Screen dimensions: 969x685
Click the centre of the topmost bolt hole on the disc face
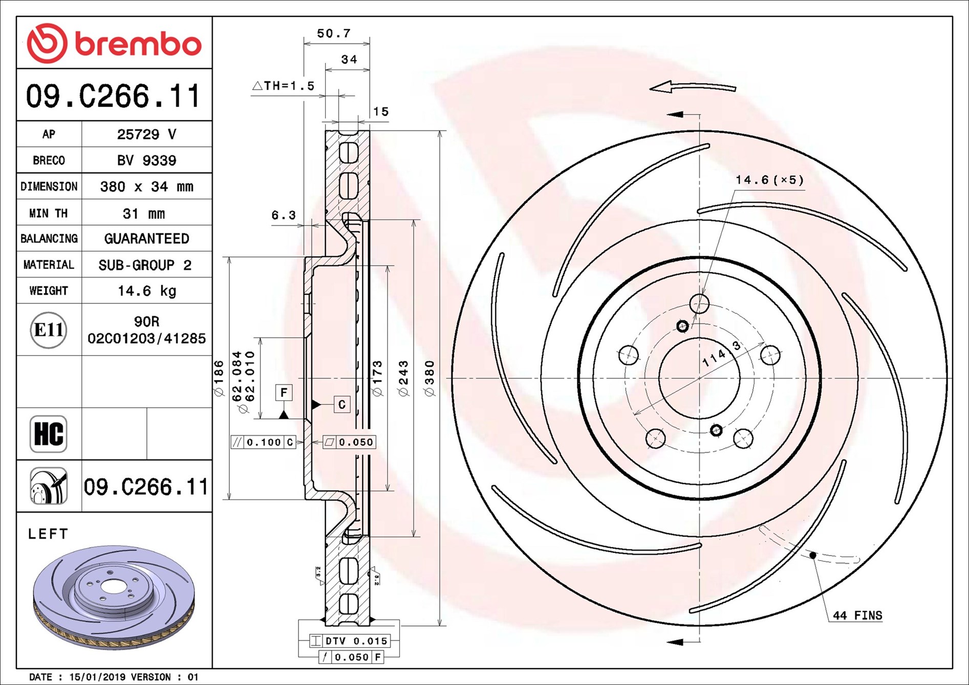(699, 303)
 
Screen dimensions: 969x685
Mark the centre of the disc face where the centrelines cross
(700, 379)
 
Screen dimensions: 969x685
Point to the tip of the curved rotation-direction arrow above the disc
(650, 89)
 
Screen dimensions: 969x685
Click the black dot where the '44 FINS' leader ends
(813, 555)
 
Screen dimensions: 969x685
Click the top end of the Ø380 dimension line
(440, 131)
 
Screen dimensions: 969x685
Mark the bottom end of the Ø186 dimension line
(229, 499)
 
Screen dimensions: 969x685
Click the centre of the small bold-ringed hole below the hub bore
(716, 430)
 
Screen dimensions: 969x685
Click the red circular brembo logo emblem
(47, 43)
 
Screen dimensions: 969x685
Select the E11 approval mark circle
(49, 330)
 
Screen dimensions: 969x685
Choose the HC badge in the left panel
(49, 434)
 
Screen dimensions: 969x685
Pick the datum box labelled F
(284, 392)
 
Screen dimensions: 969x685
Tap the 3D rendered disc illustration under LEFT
(114, 597)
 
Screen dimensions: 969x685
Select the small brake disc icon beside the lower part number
(49, 486)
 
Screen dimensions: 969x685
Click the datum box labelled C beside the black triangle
(342, 405)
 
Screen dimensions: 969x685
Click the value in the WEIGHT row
(147, 291)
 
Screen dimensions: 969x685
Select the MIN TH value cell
(144, 213)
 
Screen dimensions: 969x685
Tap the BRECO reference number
(146, 161)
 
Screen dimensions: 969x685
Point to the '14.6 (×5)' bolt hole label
(769, 180)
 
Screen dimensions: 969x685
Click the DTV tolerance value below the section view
(371, 641)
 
